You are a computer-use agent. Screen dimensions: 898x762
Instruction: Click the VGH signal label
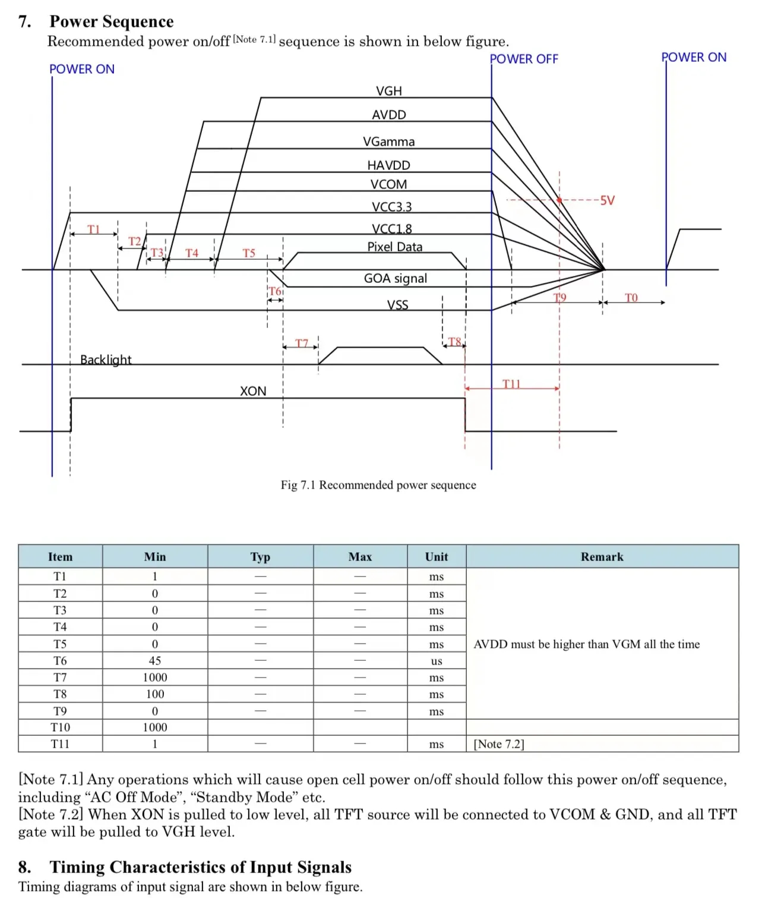389,91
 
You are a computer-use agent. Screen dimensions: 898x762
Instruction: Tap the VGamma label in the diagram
389,141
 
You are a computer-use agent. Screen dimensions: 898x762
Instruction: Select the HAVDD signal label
388,165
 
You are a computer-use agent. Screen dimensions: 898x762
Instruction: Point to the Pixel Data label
395,247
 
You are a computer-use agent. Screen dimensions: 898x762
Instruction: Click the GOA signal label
396,278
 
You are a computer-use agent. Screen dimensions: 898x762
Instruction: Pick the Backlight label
106,360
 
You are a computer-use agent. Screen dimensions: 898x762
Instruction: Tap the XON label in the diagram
253,391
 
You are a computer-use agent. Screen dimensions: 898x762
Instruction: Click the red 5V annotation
607,200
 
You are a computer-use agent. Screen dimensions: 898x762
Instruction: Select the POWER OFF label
524,59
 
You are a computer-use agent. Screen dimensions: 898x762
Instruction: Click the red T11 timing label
511,384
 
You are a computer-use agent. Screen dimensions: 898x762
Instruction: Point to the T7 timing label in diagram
302,343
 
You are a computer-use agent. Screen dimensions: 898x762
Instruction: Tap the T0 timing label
631,298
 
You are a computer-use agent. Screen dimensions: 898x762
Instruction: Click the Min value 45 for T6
155,661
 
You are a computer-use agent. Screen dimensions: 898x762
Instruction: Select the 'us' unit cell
437,661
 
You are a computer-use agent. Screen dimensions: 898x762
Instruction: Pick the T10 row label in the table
60,727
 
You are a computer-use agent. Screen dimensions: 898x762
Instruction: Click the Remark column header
602,557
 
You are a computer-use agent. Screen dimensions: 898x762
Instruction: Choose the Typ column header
260,557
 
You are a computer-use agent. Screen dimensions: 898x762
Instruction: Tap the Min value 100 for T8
155,694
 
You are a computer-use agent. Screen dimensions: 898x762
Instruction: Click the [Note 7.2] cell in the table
499,744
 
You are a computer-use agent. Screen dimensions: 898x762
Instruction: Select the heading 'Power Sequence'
112,21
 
